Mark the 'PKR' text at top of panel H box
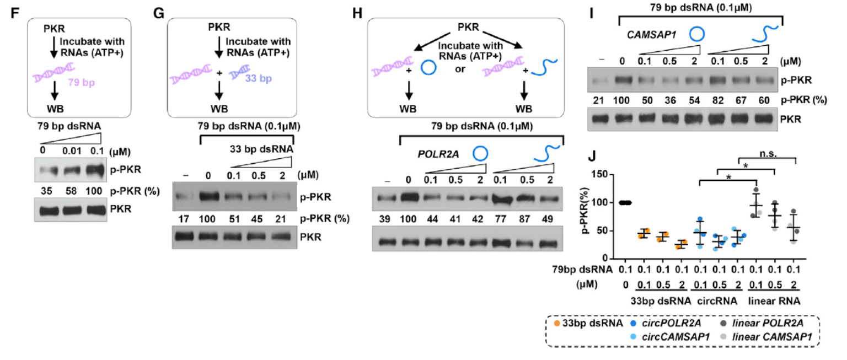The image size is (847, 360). click(468, 27)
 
